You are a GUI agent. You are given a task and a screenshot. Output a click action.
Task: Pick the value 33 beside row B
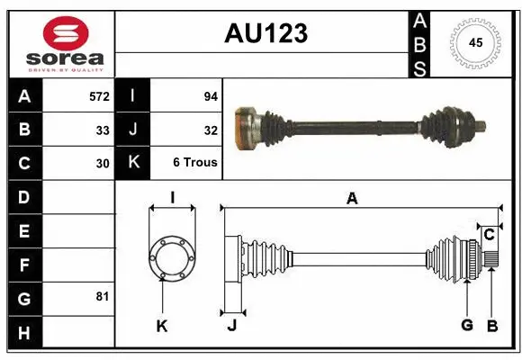point(103,130)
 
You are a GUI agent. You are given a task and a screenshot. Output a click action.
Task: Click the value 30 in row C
point(103,164)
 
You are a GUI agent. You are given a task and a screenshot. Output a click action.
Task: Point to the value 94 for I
point(211,95)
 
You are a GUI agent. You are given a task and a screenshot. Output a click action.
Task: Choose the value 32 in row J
point(211,130)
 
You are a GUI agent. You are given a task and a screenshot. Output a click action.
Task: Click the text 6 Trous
point(195,164)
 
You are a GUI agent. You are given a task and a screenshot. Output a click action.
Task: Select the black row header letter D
point(24,197)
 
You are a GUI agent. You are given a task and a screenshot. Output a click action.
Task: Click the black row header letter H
point(24,332)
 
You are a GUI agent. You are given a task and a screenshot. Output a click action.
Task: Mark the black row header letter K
point(134,163)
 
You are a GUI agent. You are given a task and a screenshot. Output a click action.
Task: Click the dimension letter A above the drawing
point(352,198)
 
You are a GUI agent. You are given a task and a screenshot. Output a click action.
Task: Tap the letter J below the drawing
point(231,326)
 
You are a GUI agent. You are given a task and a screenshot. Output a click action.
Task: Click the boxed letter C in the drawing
point(489,235)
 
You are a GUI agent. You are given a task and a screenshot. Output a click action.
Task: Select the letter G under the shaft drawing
point(467,325)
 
